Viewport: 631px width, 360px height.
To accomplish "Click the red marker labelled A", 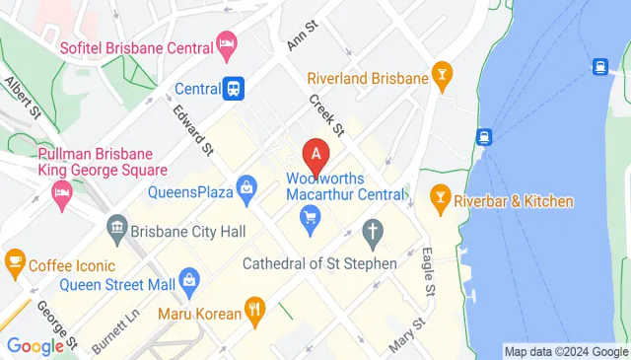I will tap(316, 154).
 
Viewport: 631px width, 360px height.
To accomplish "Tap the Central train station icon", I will tap(234, 88).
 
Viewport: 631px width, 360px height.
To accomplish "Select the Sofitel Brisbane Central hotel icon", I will tap(228, 43).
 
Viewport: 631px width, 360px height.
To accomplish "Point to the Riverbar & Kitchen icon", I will tap(440, 201).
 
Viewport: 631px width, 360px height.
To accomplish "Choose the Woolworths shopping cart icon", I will tap(312, 217).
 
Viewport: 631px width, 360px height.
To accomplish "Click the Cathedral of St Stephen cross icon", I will tap(373, 233).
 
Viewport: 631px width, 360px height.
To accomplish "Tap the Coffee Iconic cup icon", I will tap(15, 261).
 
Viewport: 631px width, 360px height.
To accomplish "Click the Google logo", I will tap(35, 344).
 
